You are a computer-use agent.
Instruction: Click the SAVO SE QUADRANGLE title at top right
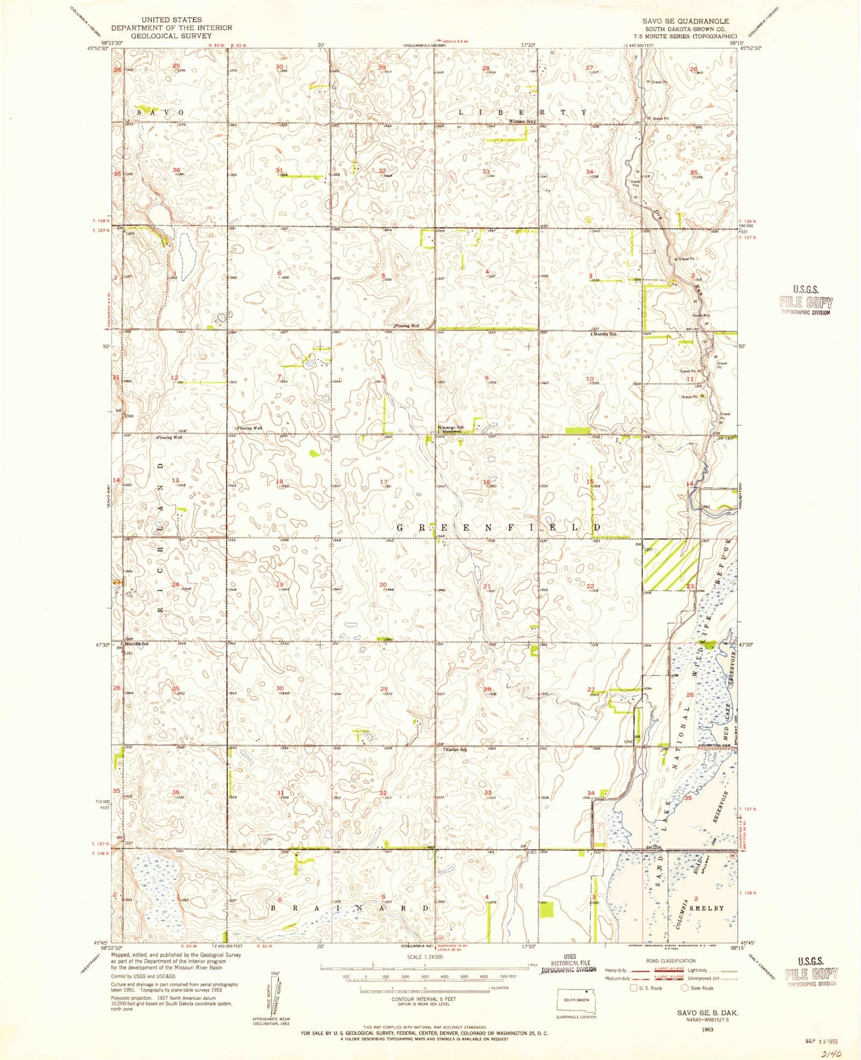click(685, 21)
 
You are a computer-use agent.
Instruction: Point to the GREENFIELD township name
click(498, 528)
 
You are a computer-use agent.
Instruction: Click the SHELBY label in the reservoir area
click(707, 908)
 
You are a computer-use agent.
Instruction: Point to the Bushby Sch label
click(604, 334)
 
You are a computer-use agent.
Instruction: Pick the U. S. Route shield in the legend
click(634, 988)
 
